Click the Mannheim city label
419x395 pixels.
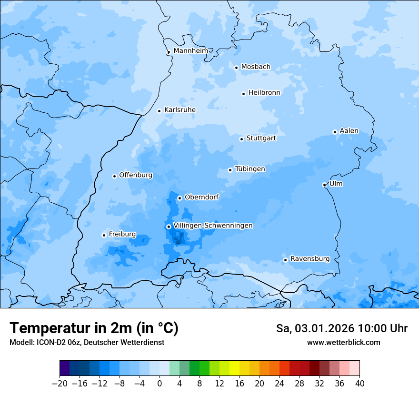[x=190, y=50]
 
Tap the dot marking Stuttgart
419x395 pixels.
[x=241, y=139]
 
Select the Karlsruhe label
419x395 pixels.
[x=180, y=110]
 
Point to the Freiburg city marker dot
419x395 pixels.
[x=104, y=235]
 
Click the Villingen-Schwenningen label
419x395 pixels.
[x=213, y=226]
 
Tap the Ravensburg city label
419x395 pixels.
[x=309, y=259]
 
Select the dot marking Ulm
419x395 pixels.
[x=324, y=185]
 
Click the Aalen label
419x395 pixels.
[x=349, y=131]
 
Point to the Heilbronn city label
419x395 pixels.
[x=264, y=93]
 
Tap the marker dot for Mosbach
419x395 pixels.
[x=236, y=68]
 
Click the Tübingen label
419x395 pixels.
[x=250, y=169]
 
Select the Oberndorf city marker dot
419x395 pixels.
[x=180, y=198]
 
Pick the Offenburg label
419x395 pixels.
[x=136, y=175]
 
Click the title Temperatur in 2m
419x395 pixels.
[x=94, y=328]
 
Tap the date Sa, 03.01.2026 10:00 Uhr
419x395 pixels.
[x=341, y=328]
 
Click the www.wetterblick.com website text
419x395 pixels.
[x=343, y=342]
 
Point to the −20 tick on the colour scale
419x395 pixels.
[x=60, y=383]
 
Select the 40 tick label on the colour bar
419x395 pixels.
[x=359, y=383]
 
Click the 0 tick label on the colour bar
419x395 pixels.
[x=160, y=383]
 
